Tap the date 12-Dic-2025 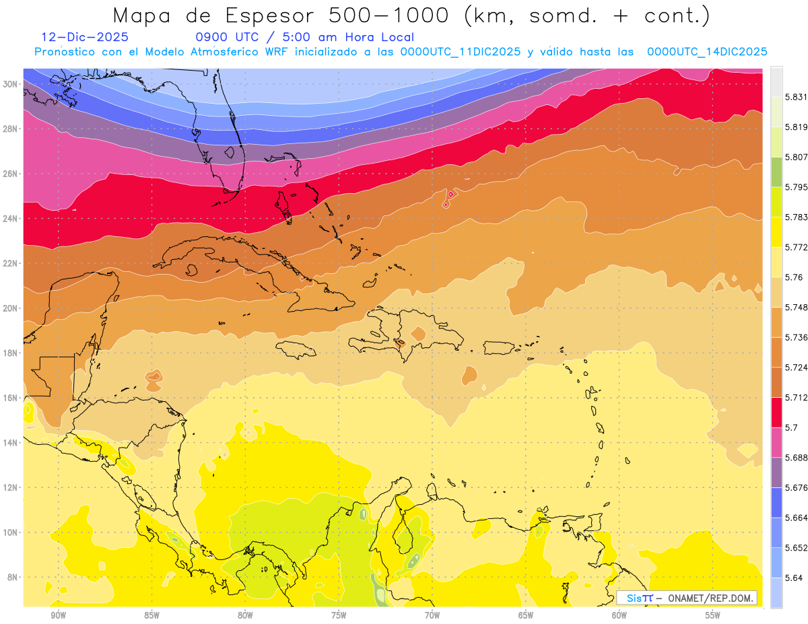[x=85, y=38]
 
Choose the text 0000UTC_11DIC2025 [x=461, y=52]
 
